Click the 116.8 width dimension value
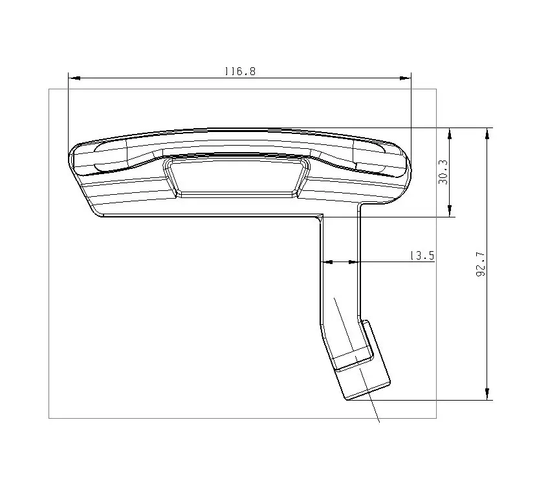coord(240,71)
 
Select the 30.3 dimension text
coord(443,172)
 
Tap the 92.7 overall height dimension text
coord(481,264)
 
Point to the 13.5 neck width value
coord(422,256)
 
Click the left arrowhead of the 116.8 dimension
coord(74,78)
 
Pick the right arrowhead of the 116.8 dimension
coord(406,78)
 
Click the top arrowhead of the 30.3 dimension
coord(450,134)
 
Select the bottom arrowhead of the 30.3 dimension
coord(450,211)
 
